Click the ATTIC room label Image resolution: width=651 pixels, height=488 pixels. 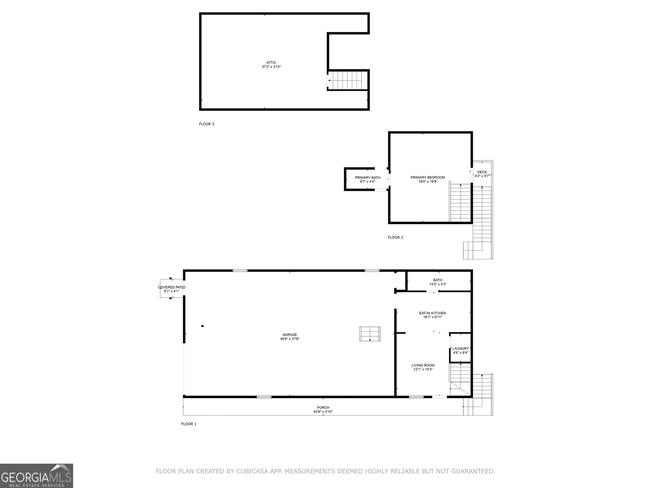[271, 63]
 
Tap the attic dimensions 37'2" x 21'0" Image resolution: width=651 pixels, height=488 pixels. [271, 67]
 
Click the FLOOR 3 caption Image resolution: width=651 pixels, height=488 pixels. [206, 124]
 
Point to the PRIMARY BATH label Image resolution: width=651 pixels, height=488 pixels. [367, 178]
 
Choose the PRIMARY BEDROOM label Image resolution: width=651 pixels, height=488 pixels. [428, 178]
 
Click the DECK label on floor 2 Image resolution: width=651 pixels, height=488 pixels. [482, 172]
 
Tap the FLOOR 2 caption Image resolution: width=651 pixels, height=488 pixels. [395, 237]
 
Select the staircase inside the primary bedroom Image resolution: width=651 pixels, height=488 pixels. [460, 203]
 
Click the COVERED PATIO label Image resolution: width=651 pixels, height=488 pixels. [171, 287]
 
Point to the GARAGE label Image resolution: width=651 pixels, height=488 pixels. [290, 335]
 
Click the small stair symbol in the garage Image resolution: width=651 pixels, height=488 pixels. [369, 334]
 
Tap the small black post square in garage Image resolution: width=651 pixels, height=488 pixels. [202, 326]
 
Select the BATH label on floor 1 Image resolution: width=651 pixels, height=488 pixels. [438, 280]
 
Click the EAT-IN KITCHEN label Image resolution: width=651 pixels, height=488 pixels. [433, 313]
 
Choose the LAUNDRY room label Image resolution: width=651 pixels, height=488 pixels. [461, 349]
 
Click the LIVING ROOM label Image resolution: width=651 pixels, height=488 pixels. [423, 365]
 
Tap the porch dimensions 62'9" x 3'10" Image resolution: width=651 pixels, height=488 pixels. [323, 412]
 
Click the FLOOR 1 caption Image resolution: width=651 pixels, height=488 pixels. [189, 424]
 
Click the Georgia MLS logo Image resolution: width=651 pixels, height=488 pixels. [37, 475]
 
